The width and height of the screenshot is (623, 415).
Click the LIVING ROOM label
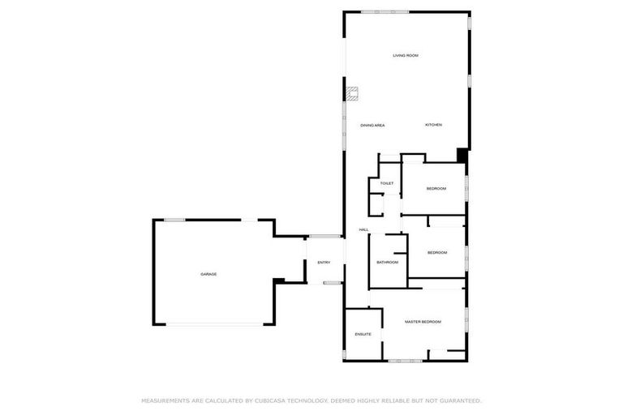click(406, 55)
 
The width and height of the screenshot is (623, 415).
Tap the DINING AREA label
click(372, 125)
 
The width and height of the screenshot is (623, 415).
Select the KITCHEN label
click(434, 125)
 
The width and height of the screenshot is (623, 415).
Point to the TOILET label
click(387, 183)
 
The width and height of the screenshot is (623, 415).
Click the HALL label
click(364, 229)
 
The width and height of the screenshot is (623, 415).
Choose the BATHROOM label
click(387, 262)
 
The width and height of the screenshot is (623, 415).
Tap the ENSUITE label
click(363, 334)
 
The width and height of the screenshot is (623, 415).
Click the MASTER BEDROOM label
click(423, 322)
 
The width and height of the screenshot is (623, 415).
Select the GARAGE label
click(208, 274)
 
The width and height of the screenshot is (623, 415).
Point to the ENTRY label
click(324, 262)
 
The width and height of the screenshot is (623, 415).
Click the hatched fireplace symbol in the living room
click(353, 94)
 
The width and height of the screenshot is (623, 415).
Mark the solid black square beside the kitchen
click(462, 154)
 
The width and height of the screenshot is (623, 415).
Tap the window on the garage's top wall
click(175, 220)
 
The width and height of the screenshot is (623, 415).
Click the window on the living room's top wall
click(385, 11)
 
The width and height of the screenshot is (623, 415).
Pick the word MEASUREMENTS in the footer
click(166, 400)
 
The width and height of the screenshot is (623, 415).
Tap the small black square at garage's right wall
click(278, 281)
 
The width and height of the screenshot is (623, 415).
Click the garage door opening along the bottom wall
click(215, 325)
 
